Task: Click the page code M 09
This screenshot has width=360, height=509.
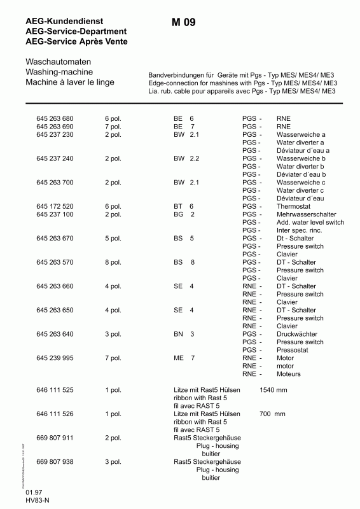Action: (183, 23)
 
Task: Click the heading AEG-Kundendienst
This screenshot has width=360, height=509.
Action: (65, 22)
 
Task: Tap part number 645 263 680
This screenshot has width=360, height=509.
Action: (55, 119)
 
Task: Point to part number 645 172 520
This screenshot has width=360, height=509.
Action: (55, 207)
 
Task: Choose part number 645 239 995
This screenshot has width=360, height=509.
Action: (55, 358)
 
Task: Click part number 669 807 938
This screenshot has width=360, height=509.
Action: (55, 462)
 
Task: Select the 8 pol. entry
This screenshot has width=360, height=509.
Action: (113, 262)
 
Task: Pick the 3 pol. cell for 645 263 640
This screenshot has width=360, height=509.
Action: (113, 334)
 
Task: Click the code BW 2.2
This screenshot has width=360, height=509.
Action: (186, 158)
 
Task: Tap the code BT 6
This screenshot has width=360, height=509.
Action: (183, 207)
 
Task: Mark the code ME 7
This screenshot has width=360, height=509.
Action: (184, 358)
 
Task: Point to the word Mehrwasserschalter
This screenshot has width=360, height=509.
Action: (307, 214)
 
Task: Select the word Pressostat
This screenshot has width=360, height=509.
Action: (293, 350)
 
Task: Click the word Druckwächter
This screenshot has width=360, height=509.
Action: (297, 334)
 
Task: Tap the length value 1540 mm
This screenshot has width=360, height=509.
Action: (273, 389)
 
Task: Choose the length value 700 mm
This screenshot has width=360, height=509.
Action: (273, 414)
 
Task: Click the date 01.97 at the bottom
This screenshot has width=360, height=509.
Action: (34, 494)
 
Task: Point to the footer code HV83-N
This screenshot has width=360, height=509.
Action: (38, 501)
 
